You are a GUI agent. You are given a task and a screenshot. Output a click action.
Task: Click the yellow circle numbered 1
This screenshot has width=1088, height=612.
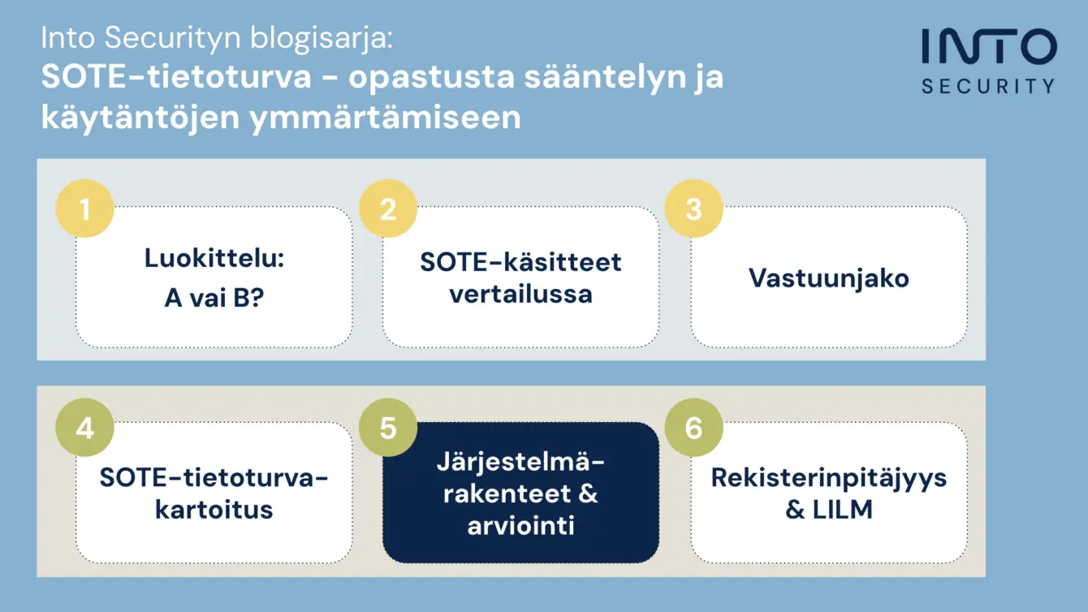(x=85, y=209)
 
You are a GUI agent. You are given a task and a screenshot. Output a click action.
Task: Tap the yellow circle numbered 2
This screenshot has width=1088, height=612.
(x=388, y=209)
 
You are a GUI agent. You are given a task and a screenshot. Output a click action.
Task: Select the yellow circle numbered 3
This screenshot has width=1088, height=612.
(x=693, y=209)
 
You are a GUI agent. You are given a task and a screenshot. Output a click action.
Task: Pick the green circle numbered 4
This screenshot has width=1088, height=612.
(x=85, y=428)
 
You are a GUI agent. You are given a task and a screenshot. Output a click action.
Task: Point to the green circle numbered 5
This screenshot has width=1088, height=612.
(x=388, y=428)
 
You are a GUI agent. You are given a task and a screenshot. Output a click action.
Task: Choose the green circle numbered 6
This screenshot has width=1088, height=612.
(x=693, y=428)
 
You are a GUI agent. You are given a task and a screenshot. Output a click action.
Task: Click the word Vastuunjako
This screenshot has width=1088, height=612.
(x=829, y=278)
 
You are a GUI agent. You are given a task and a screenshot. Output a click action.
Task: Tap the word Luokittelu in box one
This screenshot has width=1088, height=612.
(x=212, y=258)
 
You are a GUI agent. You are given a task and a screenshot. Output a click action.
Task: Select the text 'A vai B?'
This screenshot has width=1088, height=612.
(x=214, y=297)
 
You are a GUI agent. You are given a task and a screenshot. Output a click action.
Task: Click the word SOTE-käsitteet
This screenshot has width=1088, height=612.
(x=520, y=262)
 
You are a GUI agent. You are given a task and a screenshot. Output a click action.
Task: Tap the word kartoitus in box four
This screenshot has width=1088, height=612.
(x=214, y=510)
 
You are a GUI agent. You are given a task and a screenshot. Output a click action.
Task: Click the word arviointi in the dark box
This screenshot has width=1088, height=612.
(x=520, y=525)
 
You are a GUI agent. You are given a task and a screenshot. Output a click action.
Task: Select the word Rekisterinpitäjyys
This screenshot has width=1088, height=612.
(x=829, y=478)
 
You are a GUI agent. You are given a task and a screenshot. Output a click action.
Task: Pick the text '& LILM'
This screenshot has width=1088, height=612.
(x=829, y=510)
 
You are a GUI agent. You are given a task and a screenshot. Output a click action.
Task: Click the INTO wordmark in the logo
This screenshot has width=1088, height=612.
(x=989, y=46)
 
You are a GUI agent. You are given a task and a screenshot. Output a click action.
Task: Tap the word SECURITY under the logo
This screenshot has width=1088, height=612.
(x=988, y=87)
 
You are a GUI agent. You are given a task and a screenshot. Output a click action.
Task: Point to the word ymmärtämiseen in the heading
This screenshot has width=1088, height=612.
(x=385, y=118)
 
